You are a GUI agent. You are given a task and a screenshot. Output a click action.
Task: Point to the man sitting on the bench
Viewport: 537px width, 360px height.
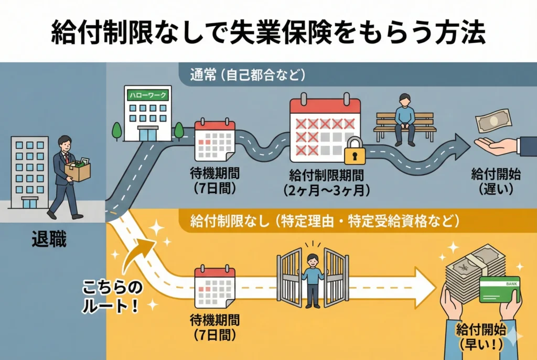(x=403, y=118)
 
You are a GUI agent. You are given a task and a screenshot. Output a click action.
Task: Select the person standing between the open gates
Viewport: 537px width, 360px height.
(x=313, y=278)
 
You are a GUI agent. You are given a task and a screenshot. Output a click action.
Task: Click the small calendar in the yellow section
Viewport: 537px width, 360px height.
(x=214, y=287)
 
